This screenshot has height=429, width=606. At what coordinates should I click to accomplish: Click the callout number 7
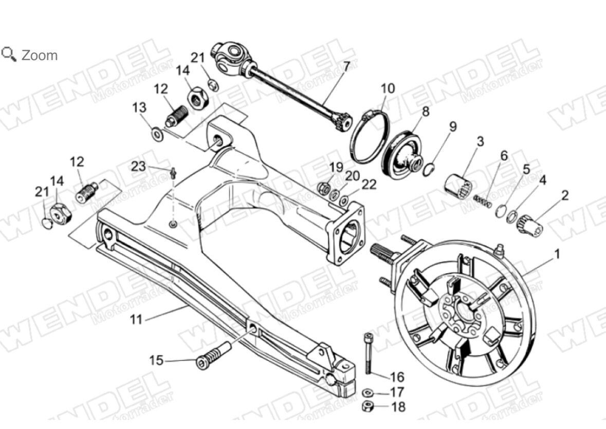click(x=346, y=66)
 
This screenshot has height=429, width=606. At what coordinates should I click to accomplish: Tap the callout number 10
click(x=388, y=88)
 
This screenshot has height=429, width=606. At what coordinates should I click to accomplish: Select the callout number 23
click(x=138, y=166)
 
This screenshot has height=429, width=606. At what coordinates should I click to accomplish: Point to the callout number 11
click(x=136, y=319)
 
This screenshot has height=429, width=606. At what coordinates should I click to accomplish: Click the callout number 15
click(x=156, y=360)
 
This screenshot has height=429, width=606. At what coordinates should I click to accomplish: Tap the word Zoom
click(x=40, y=55)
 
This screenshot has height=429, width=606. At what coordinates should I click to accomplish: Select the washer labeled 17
click(x=368, y=393)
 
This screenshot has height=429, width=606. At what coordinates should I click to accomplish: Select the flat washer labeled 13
click(x=156, y=135)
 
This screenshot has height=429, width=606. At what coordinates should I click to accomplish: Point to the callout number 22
click(x=369, y=184)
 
